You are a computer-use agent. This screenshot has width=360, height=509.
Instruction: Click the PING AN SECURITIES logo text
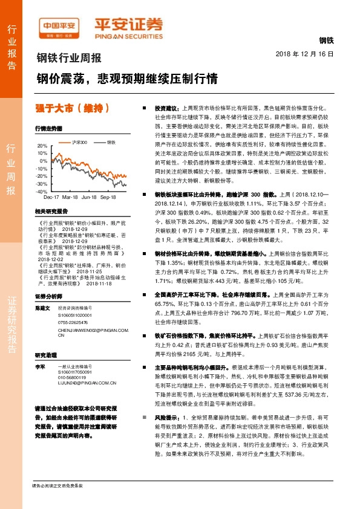129,36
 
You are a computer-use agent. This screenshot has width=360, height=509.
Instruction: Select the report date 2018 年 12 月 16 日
309,54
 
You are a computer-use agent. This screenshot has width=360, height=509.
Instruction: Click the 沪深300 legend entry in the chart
77,142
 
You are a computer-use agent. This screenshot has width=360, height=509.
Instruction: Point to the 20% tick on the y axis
41,146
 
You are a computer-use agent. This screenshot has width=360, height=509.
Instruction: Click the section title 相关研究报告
50,212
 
